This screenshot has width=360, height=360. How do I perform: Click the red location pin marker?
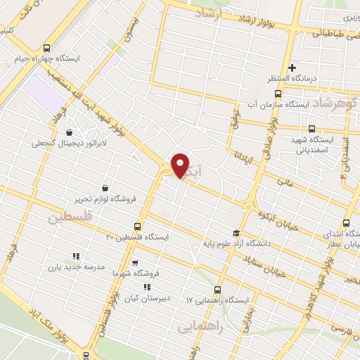coord(181,165)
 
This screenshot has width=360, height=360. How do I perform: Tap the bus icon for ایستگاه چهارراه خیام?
coord(46,48)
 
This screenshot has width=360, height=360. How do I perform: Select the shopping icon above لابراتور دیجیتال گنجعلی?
coord(69,132)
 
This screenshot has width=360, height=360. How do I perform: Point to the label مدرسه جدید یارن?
coord(75,267)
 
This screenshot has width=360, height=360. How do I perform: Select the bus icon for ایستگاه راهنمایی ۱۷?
coord(217,290)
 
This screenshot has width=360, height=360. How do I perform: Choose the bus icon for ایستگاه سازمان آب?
coord(278,93)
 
